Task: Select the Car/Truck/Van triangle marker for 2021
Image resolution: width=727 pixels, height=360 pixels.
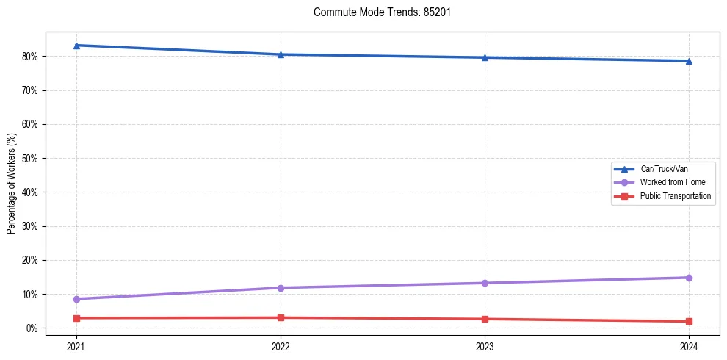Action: tap(76, 46)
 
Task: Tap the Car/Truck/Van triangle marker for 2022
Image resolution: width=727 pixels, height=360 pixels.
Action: tap(281, 54)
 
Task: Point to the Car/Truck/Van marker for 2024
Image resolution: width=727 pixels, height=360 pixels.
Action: tap(689, 61)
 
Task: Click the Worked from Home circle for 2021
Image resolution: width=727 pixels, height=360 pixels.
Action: tap(76, 299)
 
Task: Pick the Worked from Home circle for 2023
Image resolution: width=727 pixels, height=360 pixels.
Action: tap(485, 283)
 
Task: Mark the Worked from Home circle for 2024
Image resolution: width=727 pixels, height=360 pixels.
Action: tap(689, 278)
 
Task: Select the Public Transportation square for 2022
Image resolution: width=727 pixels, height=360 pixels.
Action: tap(281, 317)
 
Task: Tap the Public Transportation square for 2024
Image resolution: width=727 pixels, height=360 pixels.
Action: tap(689, 321)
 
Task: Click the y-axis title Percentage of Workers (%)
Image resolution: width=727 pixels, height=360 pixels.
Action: tap(12, 184)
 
